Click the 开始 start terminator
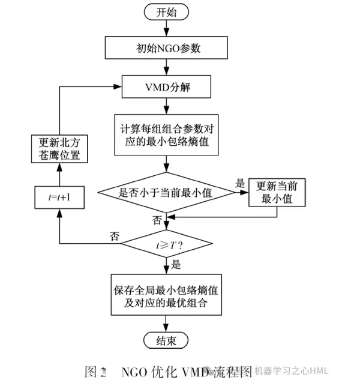point(166,12)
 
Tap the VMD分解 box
point(166,88)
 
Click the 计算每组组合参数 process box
point(166,136)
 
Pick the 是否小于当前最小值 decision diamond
point(166,192)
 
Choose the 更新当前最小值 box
point(277,192)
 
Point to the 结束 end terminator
point(166,341)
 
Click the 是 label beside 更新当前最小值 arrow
point(239,183)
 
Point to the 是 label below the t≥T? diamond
point(176,264)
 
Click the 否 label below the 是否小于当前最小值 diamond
point(158,220)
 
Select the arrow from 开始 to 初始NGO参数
point(166,29)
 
